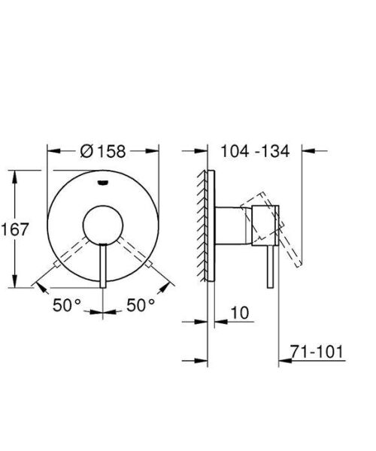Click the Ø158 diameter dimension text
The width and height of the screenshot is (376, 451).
(x=105, y=151)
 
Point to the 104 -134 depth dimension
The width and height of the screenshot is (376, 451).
(x=254, y=151)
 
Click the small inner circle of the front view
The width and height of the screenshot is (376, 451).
(x=103, y=225)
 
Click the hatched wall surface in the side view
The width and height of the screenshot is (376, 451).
(x=202, y=225)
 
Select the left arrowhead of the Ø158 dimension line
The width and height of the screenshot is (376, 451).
(x=51, y=150)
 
